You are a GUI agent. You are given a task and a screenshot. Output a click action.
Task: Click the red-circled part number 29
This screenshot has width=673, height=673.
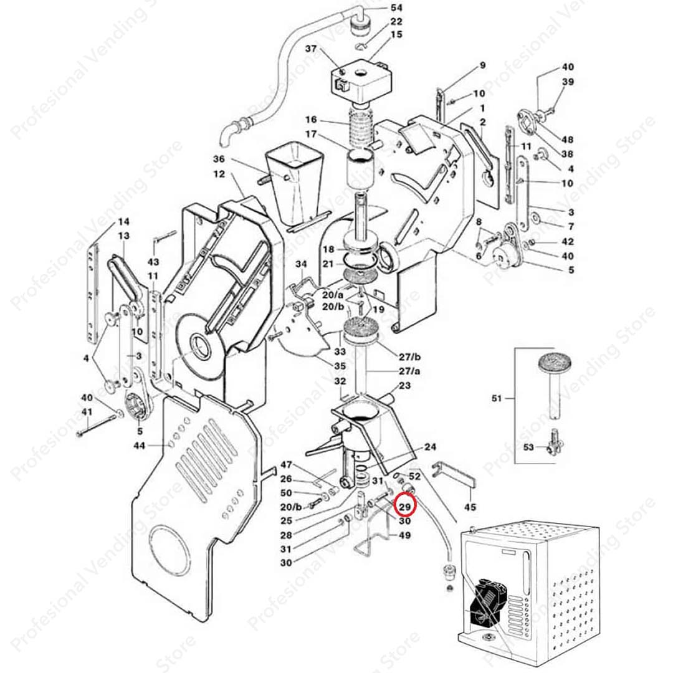click(x=405, y=507)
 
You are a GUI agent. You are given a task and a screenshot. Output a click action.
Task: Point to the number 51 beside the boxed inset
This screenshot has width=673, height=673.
click(x=496, y=397)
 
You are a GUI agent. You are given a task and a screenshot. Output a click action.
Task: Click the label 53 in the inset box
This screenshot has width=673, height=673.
click(x=528, y=447)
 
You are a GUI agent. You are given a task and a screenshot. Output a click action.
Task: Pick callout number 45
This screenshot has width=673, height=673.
click(x=470, y=507)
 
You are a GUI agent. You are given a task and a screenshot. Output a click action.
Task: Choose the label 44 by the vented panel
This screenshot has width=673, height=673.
click(x=139, y=446)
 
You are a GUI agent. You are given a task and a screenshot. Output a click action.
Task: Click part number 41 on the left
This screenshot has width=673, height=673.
click(x=87, y=412)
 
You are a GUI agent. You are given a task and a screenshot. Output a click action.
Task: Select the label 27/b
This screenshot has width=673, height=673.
click(x=410, y=357)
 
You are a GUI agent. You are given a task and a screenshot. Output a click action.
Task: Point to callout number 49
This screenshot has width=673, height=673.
click(x=404, y=535)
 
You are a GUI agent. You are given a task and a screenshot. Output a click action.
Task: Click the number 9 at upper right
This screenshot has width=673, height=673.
click(x=482, y=65)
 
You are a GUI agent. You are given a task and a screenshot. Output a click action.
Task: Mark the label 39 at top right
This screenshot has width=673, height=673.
click(x=567, y=82)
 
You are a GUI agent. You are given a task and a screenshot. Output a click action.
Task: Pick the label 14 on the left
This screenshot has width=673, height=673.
click(x=123, y=222)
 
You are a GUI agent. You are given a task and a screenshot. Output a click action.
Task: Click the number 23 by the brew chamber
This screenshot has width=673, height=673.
click(x=404, y=386)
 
